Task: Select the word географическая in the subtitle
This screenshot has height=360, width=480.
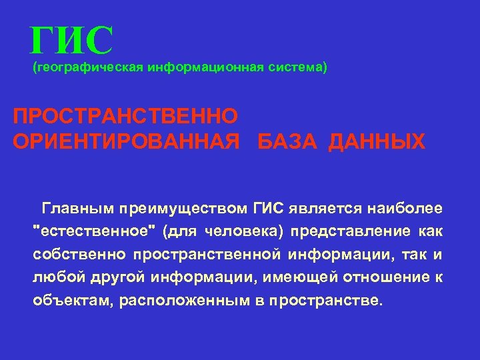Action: [88, 67]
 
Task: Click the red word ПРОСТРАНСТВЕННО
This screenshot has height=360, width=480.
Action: [125, 117]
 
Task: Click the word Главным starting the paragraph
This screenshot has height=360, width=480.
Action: [80, 209]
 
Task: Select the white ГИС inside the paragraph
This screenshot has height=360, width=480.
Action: [269, 209]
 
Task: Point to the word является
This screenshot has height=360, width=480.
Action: [327, 209]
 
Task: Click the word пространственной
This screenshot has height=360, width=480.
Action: [207, 254]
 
